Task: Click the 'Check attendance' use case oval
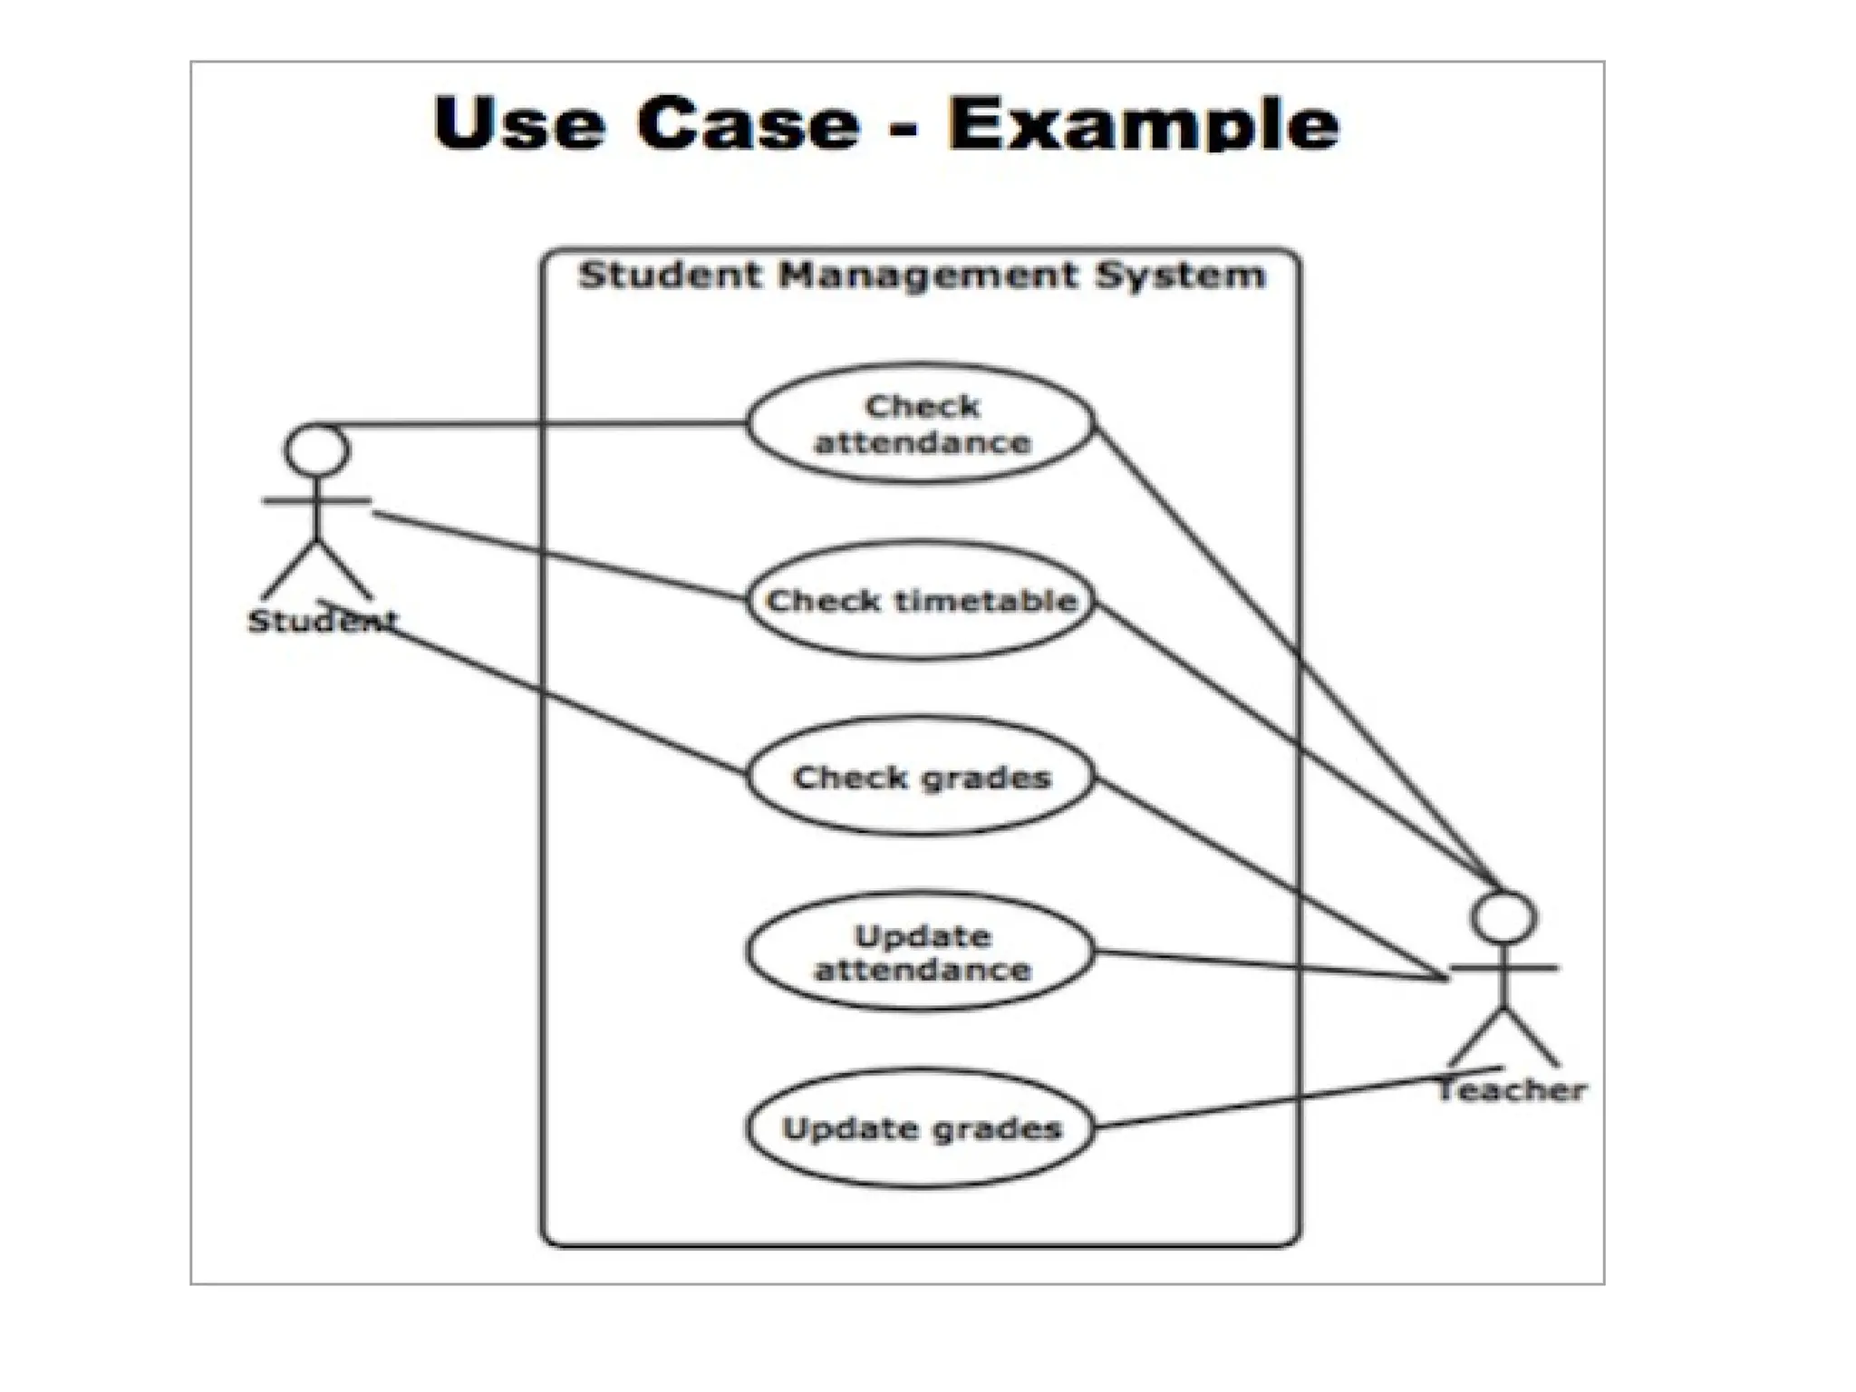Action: point(921,424)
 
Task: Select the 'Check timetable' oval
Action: point(921,600)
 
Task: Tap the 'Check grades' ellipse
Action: point(921,777)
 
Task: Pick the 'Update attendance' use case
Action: point(921,952)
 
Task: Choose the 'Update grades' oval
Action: point(921,1128)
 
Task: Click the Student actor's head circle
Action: point(316,449)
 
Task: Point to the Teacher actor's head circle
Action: point(1503,917)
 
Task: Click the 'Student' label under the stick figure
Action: point(322,622)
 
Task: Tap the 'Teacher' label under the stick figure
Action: point(1512,1090)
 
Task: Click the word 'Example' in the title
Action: point(1143,124)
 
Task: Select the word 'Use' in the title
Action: point(519,124)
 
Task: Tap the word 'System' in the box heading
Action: point(1179,275)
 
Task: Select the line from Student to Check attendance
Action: point(544,423)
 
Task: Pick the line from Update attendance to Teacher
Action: point(1269,966)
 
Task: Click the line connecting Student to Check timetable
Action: point(562,556)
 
